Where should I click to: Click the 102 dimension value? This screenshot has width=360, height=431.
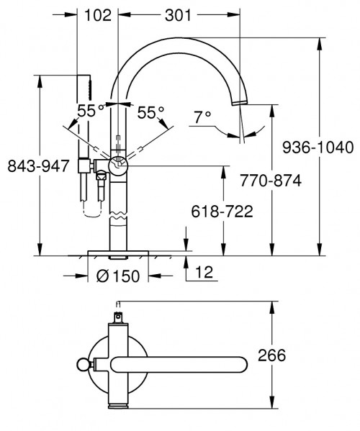tap(96, 14)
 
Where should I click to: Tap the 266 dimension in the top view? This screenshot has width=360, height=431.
tap(271, 355)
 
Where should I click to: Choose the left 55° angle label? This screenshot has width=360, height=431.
tap(92, 111)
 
